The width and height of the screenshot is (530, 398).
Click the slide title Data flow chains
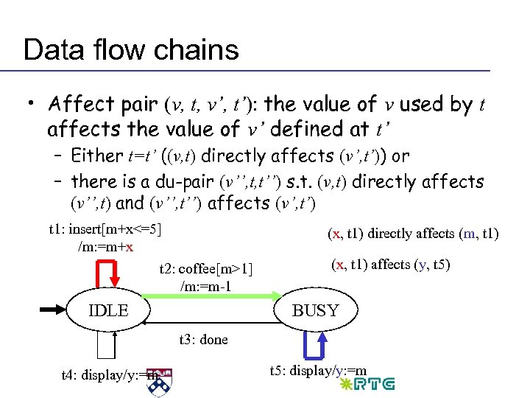(x=131, y=49)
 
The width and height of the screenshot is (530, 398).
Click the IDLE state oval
(x=107, y=311)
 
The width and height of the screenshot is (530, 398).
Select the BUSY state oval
(x=315, y=311)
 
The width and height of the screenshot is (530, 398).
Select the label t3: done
(x=204, y=340)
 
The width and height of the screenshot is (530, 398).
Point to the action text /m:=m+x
(x=105, y=246)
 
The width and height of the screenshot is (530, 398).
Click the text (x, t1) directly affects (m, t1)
(x=412, y=234)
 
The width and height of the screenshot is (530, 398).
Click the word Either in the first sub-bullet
(x=97, y=156)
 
